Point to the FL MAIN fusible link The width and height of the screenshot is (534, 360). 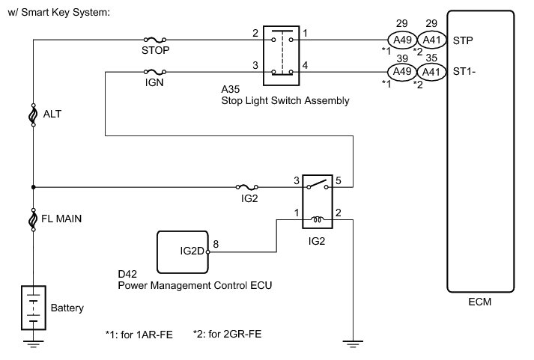click(33, 219)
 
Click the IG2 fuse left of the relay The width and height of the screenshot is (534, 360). click(244, 186)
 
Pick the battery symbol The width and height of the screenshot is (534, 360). click(33, 306)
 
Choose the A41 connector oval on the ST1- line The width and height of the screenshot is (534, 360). click(429, 73)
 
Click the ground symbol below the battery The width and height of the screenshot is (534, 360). click(33, 345)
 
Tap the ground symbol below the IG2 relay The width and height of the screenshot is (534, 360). click(351, 345)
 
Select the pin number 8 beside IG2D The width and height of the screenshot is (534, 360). click(216, 244)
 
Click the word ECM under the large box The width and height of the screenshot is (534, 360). click(480, 305)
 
